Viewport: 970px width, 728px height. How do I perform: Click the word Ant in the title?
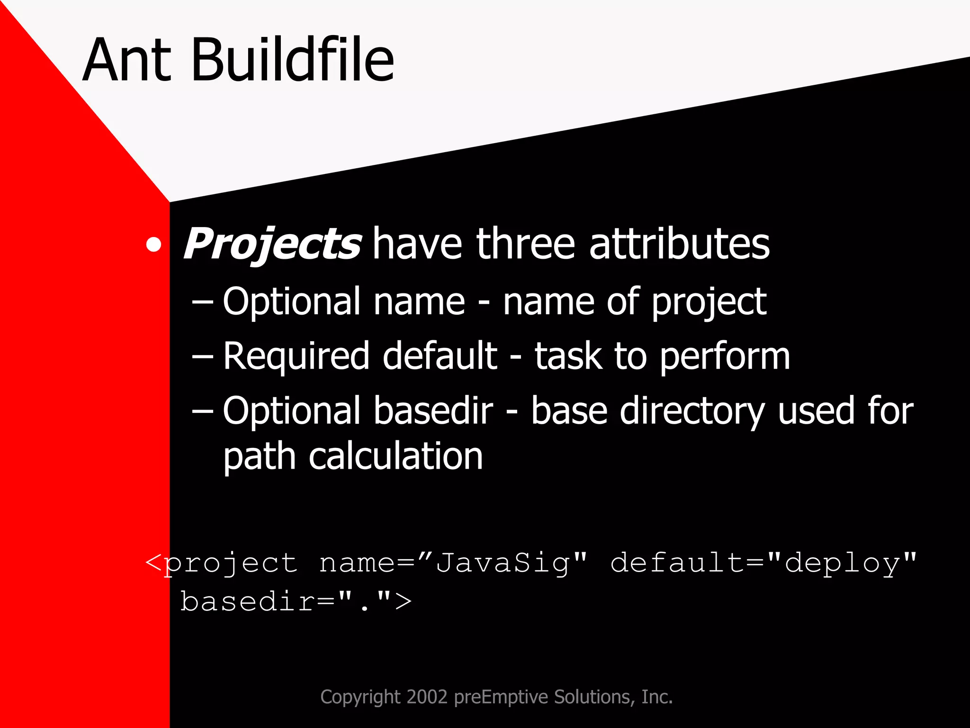[x=127, y=60]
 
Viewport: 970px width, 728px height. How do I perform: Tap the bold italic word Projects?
[x=272, y=244]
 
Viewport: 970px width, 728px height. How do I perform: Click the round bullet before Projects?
[x=153, y=245]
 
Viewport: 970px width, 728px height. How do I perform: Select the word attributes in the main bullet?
[x=679, y=244]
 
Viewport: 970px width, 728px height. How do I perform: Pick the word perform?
[x=724, y=356]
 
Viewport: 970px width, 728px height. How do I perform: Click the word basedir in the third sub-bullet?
[x=433, y=410]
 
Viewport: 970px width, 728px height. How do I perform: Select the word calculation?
[x=395, y=456]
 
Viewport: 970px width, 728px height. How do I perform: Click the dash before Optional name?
[x=203, y=302]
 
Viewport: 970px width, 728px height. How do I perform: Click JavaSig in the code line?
[x=502, y=564]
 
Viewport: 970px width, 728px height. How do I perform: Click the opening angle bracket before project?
[x=154, y=563]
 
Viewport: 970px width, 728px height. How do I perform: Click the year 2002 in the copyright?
[x=427, y=697]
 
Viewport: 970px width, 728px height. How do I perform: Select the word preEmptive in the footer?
[x=502, y=697]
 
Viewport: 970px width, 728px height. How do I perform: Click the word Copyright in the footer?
[x=360, y=697]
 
